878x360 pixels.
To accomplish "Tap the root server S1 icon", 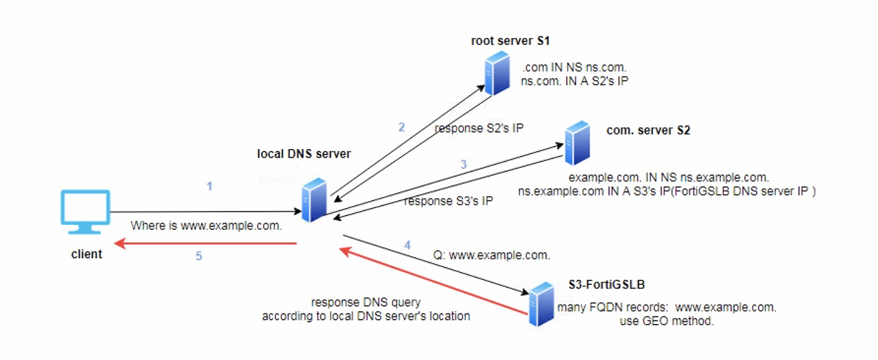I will [x=497, y=75].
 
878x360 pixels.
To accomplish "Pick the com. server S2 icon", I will [x=577, y=142].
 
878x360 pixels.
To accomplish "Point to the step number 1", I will [x=209, y=186].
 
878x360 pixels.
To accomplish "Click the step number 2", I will [x=402, y=127].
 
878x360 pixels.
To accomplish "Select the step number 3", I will [x=464, y=164].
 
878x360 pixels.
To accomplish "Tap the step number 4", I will [x=407, y=245].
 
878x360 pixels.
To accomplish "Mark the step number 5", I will [x=198, y=257].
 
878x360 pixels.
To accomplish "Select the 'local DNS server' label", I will [x=304, y=154].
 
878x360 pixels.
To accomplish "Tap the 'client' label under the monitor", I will [x=86, y=255].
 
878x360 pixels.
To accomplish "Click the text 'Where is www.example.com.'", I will [x=206, y=226].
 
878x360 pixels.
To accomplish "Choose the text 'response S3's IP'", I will [x=449, y=201].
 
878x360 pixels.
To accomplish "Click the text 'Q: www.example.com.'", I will [x=492, y=255].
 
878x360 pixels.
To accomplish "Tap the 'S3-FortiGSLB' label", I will [x=606, y=285].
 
